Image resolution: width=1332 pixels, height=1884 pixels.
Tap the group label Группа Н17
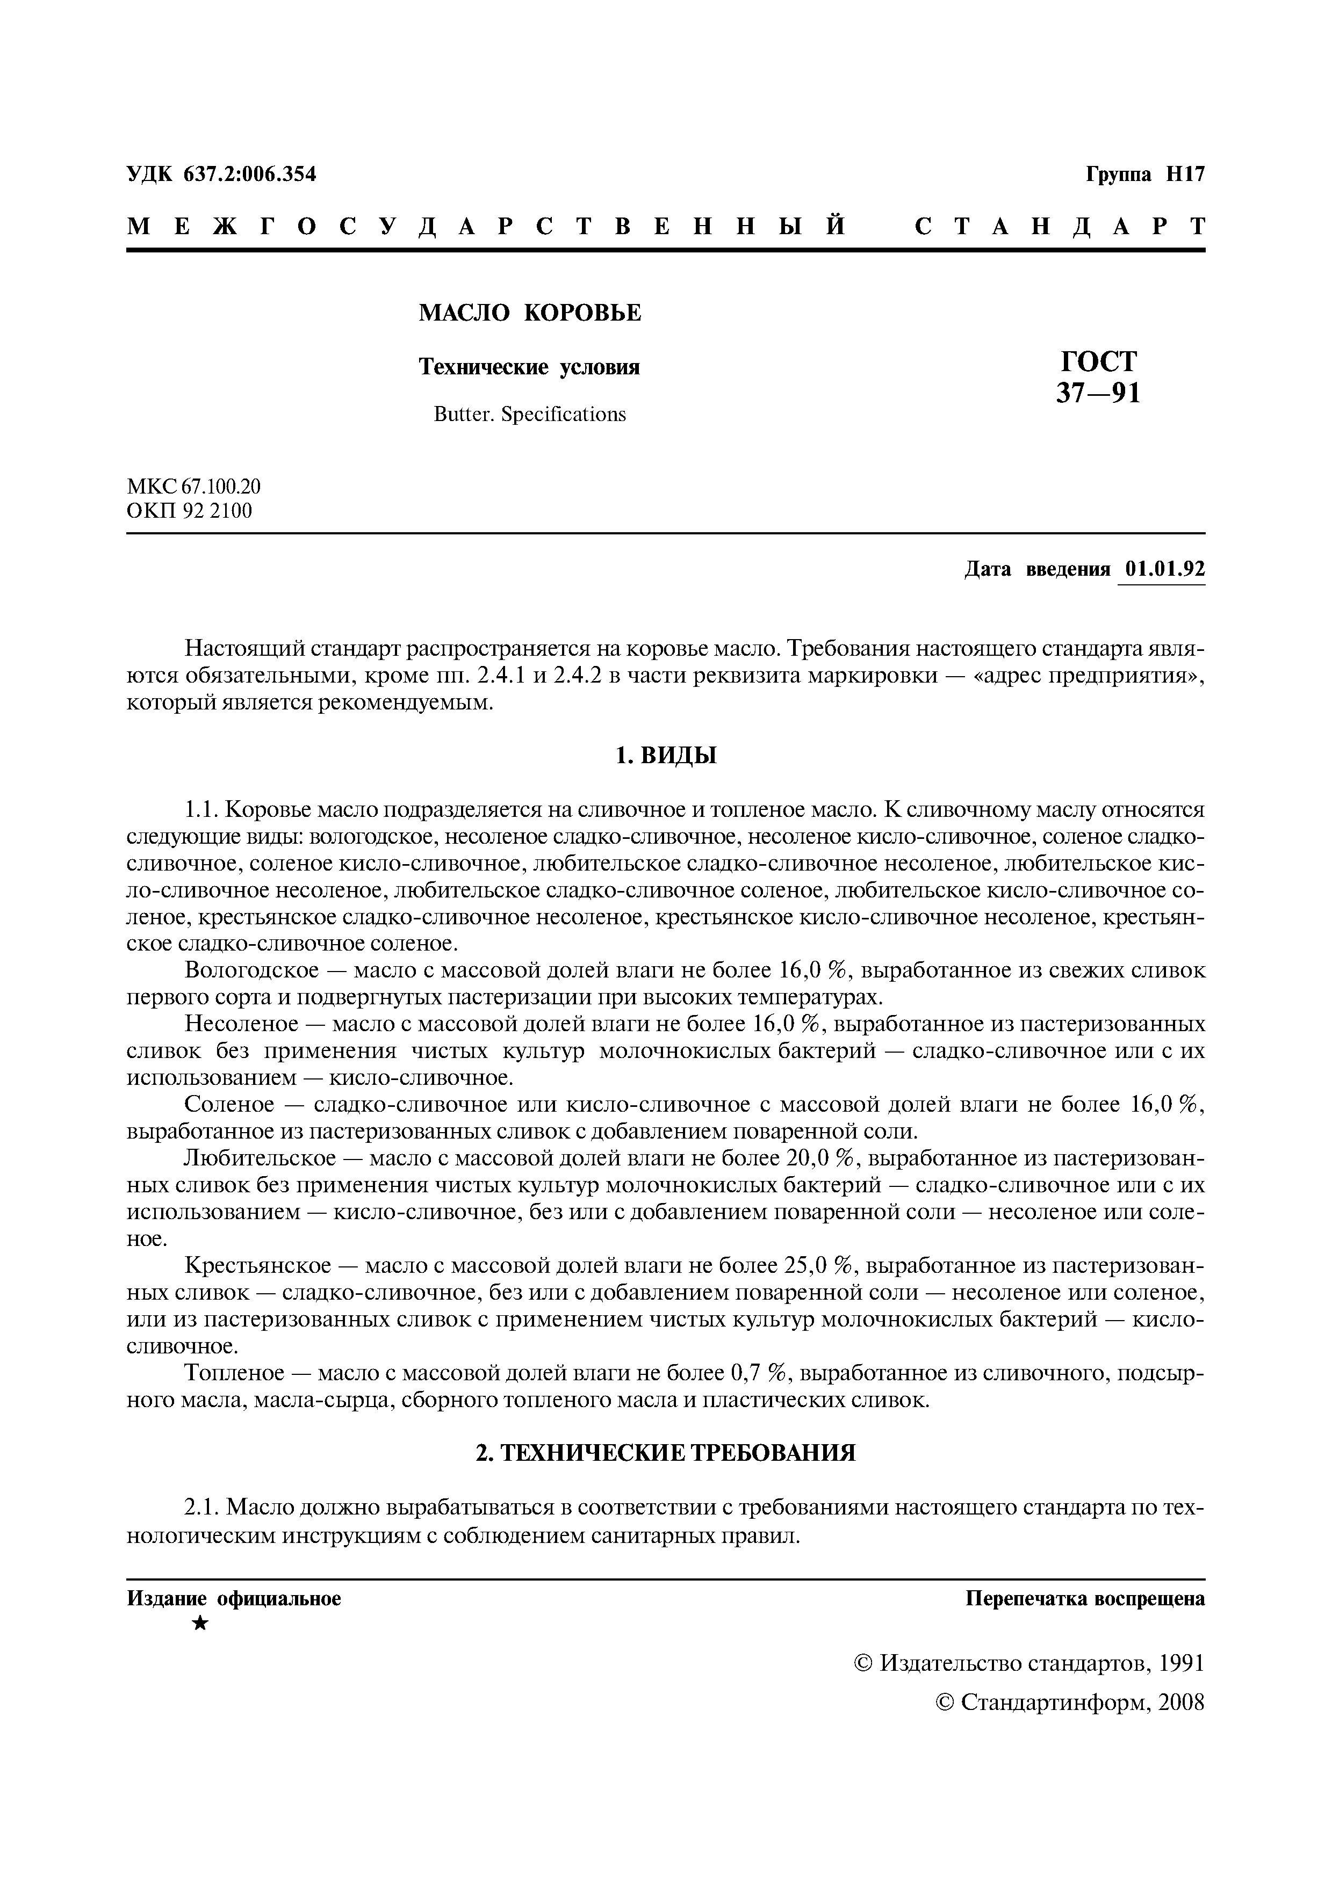pyautogui.click(x=1146, y=174)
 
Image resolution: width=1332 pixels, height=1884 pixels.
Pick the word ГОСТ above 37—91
pyautogui.click(x=1098, y=361)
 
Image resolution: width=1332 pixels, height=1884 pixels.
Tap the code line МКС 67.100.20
pyautogui.click(x=193, y=487)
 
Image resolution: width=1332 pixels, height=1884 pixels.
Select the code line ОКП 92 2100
pyautogui.click(x=190, y=511)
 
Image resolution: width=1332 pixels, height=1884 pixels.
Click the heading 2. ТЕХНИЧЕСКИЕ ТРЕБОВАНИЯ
pyautogui.click(x=666, y=1453)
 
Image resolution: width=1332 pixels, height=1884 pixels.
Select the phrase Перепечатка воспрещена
pyautogui.click(x=1085, y=1598)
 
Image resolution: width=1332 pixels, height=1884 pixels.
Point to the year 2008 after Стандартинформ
pyautogui.click(x=1182, y=1702)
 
